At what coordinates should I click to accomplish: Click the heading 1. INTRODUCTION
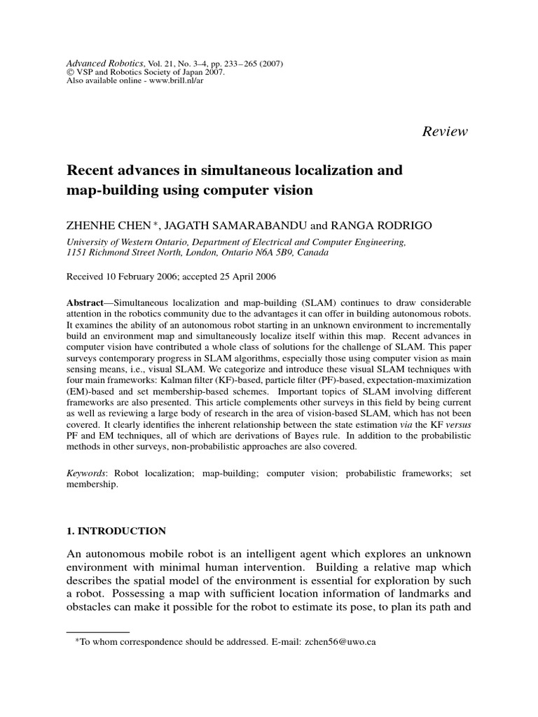116,531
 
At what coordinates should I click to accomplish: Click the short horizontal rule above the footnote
97,632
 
